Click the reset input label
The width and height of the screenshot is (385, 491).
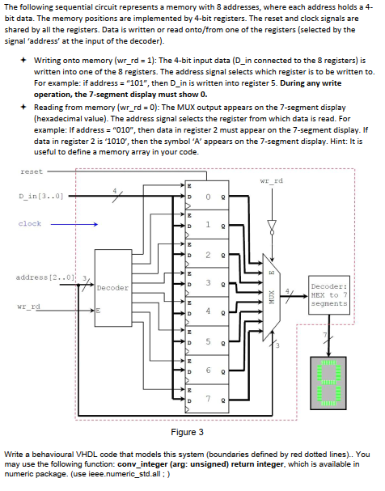click(32, 171)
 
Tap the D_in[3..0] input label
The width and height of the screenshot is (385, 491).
click(41, 197)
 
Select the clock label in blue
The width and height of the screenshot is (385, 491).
click(30, 223)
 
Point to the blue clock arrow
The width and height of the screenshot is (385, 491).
click(74, 224)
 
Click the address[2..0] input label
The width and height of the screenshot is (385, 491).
click(45, 277)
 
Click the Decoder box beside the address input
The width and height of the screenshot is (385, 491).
click(113, 288)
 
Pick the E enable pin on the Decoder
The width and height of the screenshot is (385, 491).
click(98, 311)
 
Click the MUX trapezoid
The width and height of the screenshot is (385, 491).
click(271, 297)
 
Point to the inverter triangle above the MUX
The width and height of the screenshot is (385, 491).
click(272, 226)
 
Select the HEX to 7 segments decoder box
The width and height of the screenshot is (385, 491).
click(328, 295)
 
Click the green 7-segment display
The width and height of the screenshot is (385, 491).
click(328, 383)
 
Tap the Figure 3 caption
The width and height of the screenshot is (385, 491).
click(187, 432)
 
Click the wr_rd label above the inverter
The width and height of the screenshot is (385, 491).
click(272, 181)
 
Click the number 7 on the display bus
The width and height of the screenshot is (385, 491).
click(325, 335)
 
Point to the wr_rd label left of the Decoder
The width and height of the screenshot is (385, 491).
click(29, 307)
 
